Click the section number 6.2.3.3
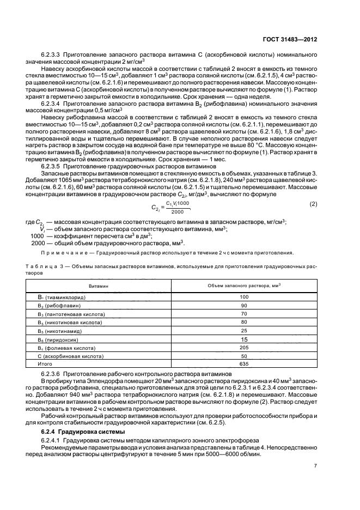coord(51,55)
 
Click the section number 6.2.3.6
coord(51,374)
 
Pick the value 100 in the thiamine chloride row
coord(243,297)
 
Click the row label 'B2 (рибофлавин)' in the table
coord(58,306)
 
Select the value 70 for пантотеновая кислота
coord(243,314)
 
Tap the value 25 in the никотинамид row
coord(243,331)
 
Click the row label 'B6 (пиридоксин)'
coord(58,339)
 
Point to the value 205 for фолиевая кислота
coord(243,348)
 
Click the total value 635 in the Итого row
coord(243,364)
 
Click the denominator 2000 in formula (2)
coord(178,211)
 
